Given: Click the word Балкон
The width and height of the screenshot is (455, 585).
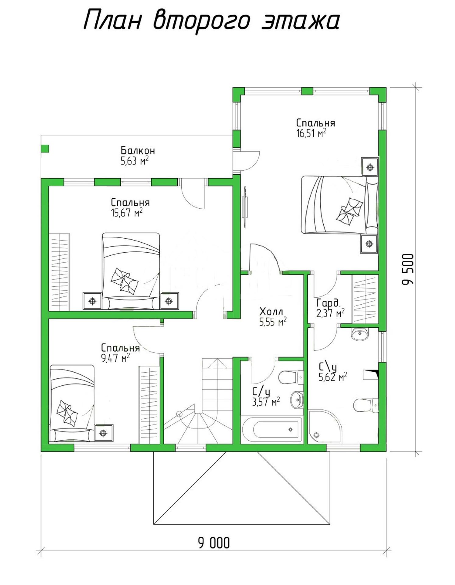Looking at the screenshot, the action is (x=138, y=150).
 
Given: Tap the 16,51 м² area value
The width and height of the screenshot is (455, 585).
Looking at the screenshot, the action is (x=311, y=133).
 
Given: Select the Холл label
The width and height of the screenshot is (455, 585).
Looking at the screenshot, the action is (x=271, y=312).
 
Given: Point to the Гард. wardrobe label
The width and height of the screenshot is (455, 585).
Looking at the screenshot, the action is (x=328, y=303).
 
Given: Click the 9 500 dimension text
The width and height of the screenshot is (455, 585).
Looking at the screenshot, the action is (x=408, y=269).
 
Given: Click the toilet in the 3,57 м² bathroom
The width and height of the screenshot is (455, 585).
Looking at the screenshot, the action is (x=291, y=378).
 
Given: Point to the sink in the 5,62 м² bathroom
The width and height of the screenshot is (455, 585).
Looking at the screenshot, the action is (x=360, y=334).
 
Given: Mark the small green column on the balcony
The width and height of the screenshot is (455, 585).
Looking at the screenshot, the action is (x=45, y=148).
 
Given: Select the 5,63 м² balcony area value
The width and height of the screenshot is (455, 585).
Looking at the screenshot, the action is (x=134, y=161).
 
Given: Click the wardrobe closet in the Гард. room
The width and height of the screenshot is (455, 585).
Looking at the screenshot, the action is (x=365, y=299).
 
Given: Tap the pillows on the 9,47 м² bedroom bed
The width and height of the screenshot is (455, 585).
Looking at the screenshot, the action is (x=68, y=413).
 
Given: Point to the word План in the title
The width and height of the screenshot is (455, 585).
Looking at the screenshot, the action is (x=112, y=19).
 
